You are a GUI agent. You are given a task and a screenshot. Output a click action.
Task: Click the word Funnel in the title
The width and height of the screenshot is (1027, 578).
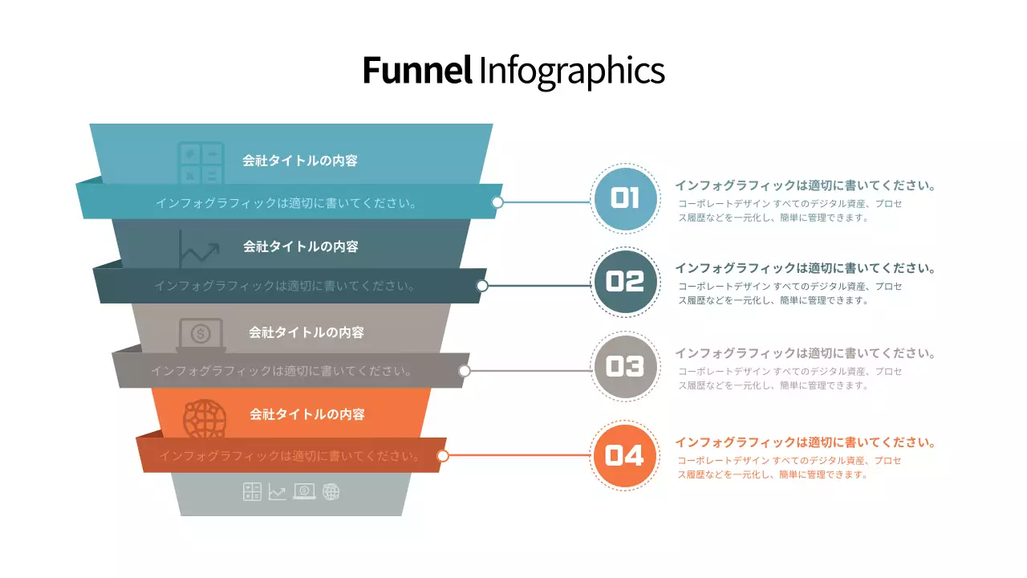tap(416, 71)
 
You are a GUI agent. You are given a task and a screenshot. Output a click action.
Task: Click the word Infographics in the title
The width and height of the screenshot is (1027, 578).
tap(571, 71)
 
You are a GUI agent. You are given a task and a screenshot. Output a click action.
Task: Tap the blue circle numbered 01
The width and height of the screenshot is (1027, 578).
tap(625, 198)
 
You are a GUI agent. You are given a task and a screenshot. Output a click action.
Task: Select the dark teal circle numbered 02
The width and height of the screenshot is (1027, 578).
tap(625, 282)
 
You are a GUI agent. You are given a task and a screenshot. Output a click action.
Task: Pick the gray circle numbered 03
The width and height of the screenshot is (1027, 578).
tap(625, 367)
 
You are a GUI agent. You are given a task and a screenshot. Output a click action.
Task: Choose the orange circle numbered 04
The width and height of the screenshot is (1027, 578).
tap(625, 456)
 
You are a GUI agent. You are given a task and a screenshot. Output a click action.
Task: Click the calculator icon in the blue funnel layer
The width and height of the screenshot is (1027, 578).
tap(201, 163)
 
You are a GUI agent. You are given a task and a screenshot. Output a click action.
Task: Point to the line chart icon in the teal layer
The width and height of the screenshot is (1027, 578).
tap(199, 249)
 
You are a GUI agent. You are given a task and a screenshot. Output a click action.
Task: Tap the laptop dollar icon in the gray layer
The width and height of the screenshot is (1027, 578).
tap(201, 334)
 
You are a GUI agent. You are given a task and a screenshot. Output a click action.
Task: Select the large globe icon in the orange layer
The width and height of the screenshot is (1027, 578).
tap(205, 418)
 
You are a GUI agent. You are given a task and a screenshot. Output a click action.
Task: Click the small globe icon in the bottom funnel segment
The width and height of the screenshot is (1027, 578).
tap(331, 491)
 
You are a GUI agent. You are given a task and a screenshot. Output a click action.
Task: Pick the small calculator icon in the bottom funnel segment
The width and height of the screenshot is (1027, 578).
tap(252, 491)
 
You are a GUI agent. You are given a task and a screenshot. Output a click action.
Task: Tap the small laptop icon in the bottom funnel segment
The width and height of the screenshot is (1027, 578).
tap(305, 491)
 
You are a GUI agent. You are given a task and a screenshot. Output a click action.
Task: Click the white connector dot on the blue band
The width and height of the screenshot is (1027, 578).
tap(497, 202)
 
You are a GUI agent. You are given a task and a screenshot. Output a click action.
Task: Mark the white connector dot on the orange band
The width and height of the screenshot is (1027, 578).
tap(443, 456)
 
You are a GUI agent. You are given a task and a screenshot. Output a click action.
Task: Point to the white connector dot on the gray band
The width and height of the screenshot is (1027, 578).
tap(464, 371)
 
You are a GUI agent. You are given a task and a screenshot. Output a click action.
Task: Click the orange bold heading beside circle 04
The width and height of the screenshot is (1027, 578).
tap(805, 442)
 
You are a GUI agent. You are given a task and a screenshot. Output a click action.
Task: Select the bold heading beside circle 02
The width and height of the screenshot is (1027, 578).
tap(805, 268)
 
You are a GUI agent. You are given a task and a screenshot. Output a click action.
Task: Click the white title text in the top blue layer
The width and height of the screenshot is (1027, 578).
tap(300, 161)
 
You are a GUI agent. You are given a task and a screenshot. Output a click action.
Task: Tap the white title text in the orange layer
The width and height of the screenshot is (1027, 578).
tap(307, 414)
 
